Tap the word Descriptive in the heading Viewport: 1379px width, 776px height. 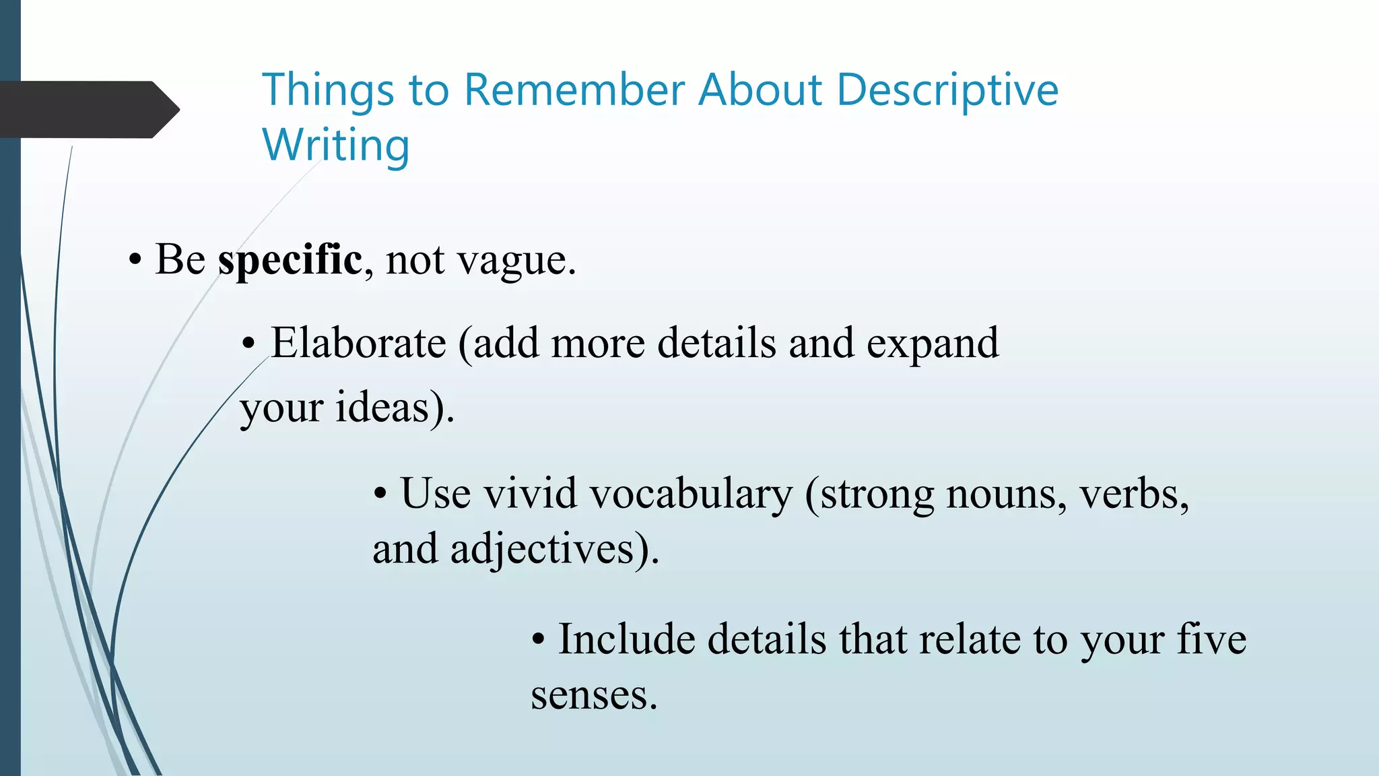[947, 90]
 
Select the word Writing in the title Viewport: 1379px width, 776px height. [335, 145]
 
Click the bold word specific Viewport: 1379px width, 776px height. [290, 260]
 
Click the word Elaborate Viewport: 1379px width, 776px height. [358, 343]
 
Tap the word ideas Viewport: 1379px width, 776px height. [382, 408]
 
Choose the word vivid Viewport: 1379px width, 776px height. [531, 493]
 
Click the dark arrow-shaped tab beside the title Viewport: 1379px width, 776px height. [88, 110]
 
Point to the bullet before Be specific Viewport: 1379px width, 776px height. [135, 261]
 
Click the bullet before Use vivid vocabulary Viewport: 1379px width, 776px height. [380, 494]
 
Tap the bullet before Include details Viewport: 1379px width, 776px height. [538, 640]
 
